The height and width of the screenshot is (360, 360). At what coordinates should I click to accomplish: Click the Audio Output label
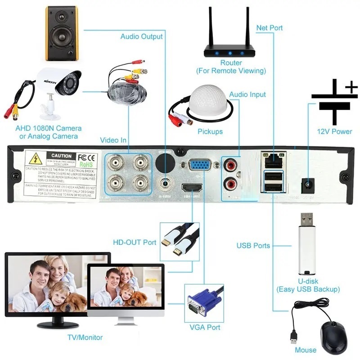click(141, 36)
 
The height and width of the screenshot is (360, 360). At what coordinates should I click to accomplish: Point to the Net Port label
click(269, 28)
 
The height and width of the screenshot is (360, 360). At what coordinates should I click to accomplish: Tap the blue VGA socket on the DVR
click(198, 166)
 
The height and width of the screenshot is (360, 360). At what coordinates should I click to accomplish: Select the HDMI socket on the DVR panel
click(193, 188)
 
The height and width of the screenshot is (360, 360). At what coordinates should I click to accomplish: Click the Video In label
click(113, 140)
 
